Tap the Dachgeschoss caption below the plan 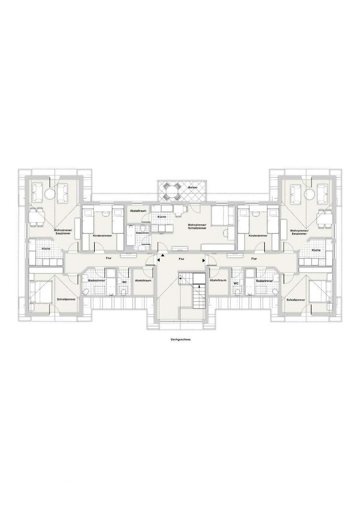180,339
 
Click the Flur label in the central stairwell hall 181,259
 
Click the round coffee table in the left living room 49,194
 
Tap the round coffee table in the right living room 309,194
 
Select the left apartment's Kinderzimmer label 102,236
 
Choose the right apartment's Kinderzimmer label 258,236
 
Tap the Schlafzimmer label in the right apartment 296,300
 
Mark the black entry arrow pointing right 204,260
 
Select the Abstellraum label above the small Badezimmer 138,211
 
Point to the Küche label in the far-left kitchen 46,249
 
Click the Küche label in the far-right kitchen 316,250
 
